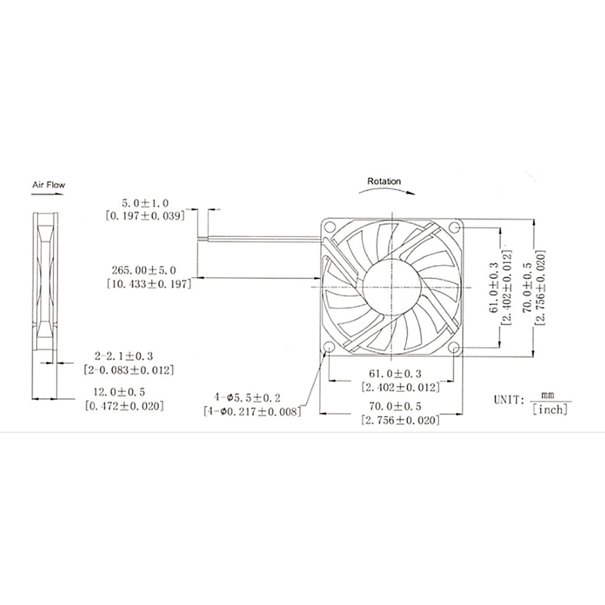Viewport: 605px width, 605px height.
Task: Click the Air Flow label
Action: [x=48, y=185]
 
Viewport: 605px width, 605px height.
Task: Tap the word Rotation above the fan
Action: [x=384, y=181]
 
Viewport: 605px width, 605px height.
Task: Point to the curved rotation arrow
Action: [x=386, y=190]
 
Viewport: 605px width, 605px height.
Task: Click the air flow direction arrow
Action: [x=48, y=194]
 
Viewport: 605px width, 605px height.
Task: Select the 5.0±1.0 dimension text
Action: [x=145, y=203]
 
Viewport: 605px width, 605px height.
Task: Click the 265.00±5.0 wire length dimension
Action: [x=144, y=270]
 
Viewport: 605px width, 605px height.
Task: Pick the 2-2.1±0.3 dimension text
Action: [x=124, y=356]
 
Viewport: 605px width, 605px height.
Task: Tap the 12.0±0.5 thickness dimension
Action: [x=119, y=392]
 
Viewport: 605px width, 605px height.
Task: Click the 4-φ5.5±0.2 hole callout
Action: [x=248, y=398]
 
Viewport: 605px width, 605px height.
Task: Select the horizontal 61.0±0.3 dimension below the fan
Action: [x=395, y=373]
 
